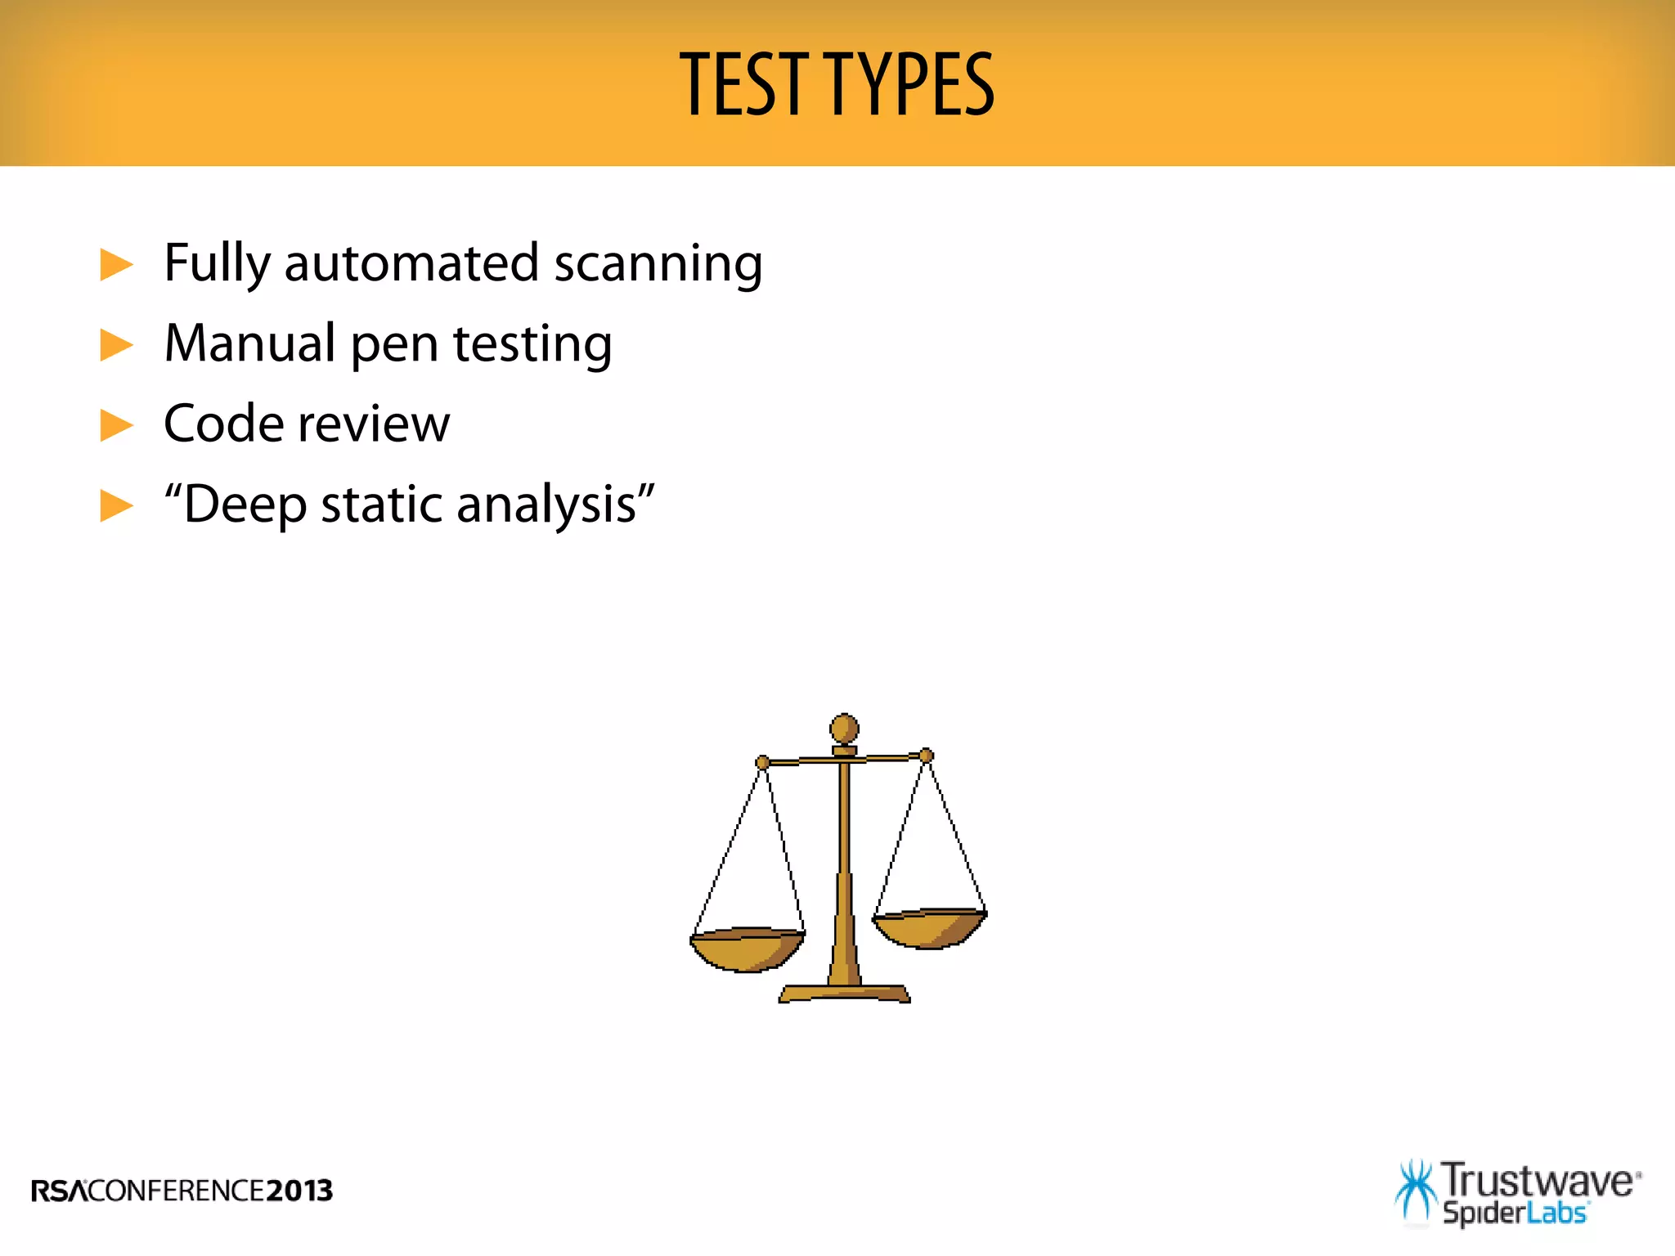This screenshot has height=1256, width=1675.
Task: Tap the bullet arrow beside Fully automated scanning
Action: tap(116, 265)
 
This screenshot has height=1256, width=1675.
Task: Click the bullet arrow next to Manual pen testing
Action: tap(116, 345)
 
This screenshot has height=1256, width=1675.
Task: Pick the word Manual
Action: tap(249, 343)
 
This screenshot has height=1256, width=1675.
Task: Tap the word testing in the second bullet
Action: tap(532, 345)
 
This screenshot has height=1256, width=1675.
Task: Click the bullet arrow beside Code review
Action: tap(116, 425)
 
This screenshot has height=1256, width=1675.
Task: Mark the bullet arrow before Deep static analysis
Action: tap(116, 505)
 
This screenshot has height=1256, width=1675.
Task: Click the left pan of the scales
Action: tap(747, 950)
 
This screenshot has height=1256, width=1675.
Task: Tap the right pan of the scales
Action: tap(930, 929)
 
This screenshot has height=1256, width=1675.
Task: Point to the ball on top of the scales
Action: tap(844, 728)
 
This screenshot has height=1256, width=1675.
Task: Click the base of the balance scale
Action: tap(844, 994)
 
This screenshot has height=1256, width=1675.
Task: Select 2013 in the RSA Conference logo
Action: tap(299, 1191)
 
